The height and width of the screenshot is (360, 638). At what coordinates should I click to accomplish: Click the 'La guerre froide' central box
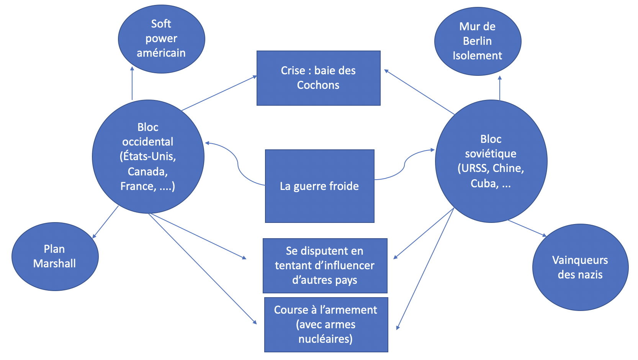point(319,186)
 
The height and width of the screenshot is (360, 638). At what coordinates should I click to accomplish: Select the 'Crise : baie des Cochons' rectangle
point(318,78)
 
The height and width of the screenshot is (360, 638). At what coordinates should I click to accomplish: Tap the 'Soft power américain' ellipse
point(161,39)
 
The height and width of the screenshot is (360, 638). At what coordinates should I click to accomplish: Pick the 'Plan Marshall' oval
point(55,256)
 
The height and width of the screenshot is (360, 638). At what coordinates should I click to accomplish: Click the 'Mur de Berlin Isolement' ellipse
point(478,41)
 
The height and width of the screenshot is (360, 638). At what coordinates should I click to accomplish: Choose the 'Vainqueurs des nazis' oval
point(580,267)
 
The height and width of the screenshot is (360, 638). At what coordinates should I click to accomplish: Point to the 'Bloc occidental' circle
point(148,157)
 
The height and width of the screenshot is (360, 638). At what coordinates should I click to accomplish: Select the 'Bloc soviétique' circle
point(491,161)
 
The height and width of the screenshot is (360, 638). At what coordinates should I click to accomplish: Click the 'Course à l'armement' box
point(326,324)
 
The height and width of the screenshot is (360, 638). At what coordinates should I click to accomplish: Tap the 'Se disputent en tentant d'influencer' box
point(325,265)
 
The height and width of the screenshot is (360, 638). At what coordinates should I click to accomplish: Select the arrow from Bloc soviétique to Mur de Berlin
point(500,88)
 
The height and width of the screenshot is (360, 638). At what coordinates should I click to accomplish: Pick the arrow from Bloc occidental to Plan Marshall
point(106,222)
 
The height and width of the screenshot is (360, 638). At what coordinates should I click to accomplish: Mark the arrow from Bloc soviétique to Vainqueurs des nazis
point(527,228)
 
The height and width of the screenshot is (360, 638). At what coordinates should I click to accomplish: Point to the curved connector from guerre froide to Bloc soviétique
point(404,165)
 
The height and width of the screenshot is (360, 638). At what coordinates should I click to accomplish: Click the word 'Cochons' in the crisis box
point(318,85)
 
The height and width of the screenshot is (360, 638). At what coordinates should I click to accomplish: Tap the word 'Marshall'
point(55,263)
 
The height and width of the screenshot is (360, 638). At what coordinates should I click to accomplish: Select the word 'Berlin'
point(477,41)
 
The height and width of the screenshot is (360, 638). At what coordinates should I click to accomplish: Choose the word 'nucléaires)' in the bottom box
point(326,339)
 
